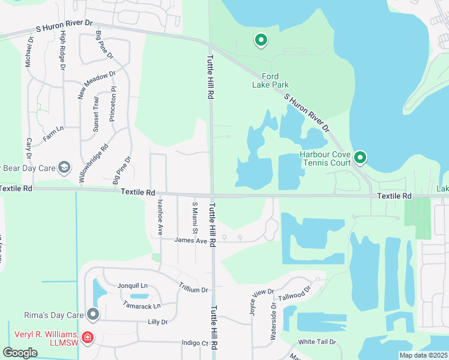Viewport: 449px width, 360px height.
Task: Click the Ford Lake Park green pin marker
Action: click(261, 41)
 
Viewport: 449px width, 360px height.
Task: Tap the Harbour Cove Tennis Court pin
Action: click(360, 158)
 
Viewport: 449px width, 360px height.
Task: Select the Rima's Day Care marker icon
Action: click(93, 314)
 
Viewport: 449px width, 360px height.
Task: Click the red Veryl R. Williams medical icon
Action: click(88, 338)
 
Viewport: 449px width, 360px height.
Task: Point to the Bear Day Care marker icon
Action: click(65, 167)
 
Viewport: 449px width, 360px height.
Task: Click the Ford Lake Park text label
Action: click(270, 80)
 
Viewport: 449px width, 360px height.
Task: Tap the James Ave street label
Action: click(190, 241)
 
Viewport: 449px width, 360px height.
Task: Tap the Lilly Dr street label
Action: click(157, 322)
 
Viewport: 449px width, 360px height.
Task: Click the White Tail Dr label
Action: click(315, 342)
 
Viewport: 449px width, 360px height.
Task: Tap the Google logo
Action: click(20, 353)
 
